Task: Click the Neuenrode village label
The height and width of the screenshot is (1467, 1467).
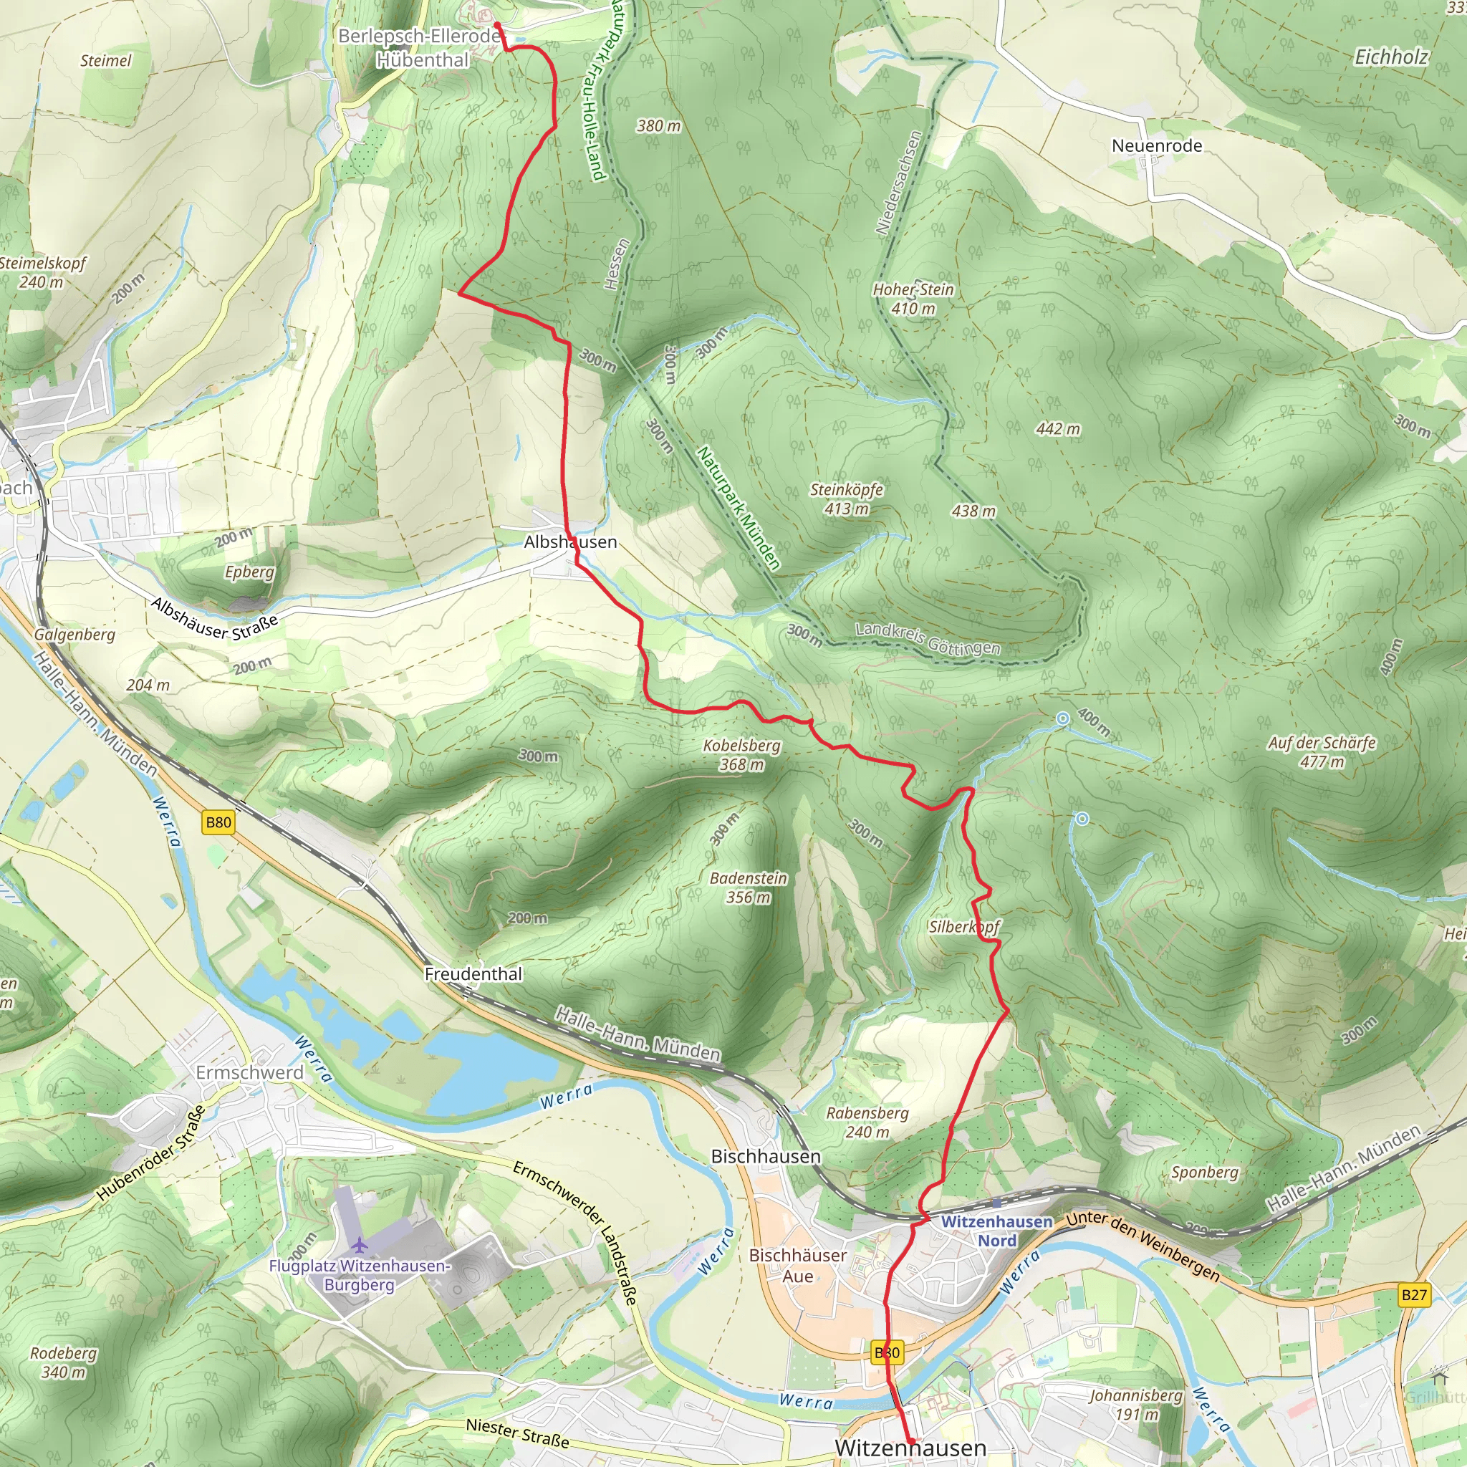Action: [x=1156, y=146]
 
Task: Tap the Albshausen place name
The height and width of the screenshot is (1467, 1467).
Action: [x=570, y=542]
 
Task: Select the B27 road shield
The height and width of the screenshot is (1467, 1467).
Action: [x=1414, y=1294]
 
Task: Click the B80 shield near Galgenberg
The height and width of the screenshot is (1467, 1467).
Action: [x=218, y=822]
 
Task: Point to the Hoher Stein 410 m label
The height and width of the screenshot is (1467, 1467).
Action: [x=913, y=299]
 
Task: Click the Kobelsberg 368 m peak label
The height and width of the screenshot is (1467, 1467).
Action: [x=742, y=755]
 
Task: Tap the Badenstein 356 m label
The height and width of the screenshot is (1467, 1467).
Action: [x=749, y=888]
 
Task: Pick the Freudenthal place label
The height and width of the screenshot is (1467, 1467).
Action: [x=473, y=974]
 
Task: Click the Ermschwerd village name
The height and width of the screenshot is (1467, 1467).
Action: [x=250, y=1072]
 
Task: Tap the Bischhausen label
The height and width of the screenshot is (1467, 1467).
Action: [x=766, y=1156]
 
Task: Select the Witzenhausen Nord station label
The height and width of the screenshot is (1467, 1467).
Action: [x=997, y=1231]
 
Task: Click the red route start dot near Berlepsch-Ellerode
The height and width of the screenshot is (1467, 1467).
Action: [x=497, y=25]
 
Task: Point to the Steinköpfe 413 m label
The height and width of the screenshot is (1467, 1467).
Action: [x=847, y=499]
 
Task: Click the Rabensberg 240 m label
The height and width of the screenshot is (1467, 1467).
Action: [x=867, y=1122]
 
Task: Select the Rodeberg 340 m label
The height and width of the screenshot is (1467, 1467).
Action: [x=64, y=1362]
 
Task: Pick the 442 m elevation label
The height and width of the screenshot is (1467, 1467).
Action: [x=1058, y=429]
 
